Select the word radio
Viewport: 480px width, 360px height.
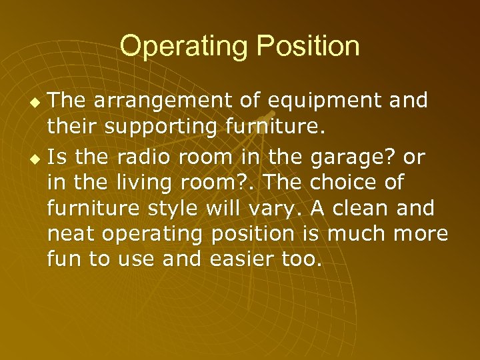[137, 158]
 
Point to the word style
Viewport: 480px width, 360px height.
[177, 208]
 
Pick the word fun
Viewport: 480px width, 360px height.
[64, 259]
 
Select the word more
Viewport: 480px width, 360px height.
[421, 233]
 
